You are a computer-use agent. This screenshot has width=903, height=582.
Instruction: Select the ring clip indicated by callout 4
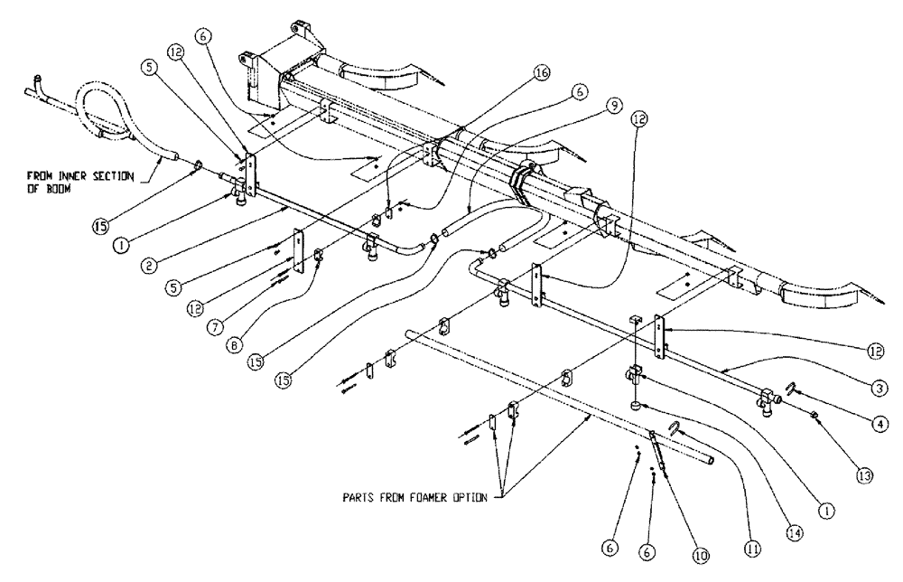click(x=787, y=390)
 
